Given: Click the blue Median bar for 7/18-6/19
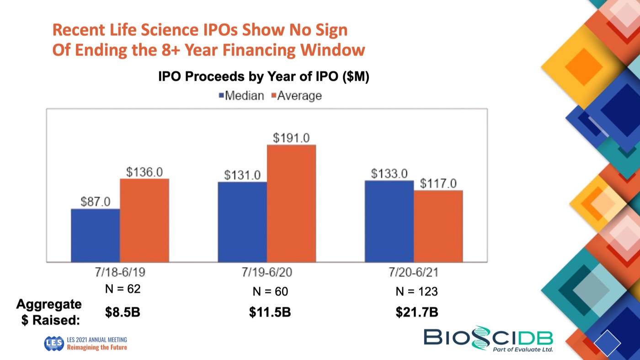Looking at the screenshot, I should click(95, 235).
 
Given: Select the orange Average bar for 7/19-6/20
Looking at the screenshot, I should click(291, 203).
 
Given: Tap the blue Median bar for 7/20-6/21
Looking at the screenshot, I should click(389, 221).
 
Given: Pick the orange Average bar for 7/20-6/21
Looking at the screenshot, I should click(438, 226).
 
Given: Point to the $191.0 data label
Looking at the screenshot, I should click(291, 138).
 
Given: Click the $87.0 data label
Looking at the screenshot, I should click(95, 202).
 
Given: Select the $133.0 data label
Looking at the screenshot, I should click(389, 174).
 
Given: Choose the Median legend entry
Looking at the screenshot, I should click(242, 96).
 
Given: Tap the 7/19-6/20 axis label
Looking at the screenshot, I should click(267, 273).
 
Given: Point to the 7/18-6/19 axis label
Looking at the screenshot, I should click(120, 273).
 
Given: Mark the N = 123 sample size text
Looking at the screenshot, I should click(416, 291).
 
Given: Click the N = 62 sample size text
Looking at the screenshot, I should click(123, 289).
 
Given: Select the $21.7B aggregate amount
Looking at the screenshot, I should click(416, 312).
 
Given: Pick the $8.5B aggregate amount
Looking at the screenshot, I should click(123, 312).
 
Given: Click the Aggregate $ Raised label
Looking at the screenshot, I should click(49, 312).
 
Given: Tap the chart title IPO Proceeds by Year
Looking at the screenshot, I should click(264, 77).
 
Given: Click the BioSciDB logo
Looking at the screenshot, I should click(488, 339).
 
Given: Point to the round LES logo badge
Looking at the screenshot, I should click(53, 344).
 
